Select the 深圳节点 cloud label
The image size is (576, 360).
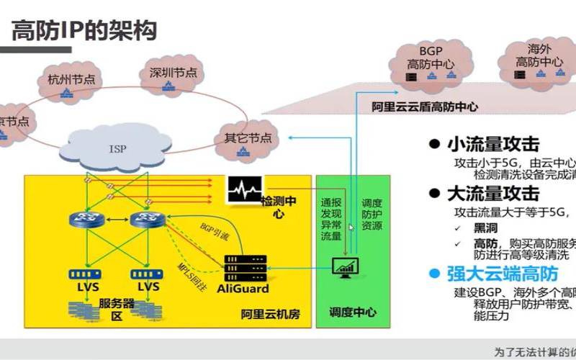point(173,73)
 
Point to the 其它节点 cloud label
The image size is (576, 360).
point(248,138)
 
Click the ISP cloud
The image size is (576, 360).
point(117,149)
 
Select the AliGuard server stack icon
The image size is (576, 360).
point(242,268)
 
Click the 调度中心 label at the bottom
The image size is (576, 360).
point(352,314)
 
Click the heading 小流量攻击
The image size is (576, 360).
point(492,144)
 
